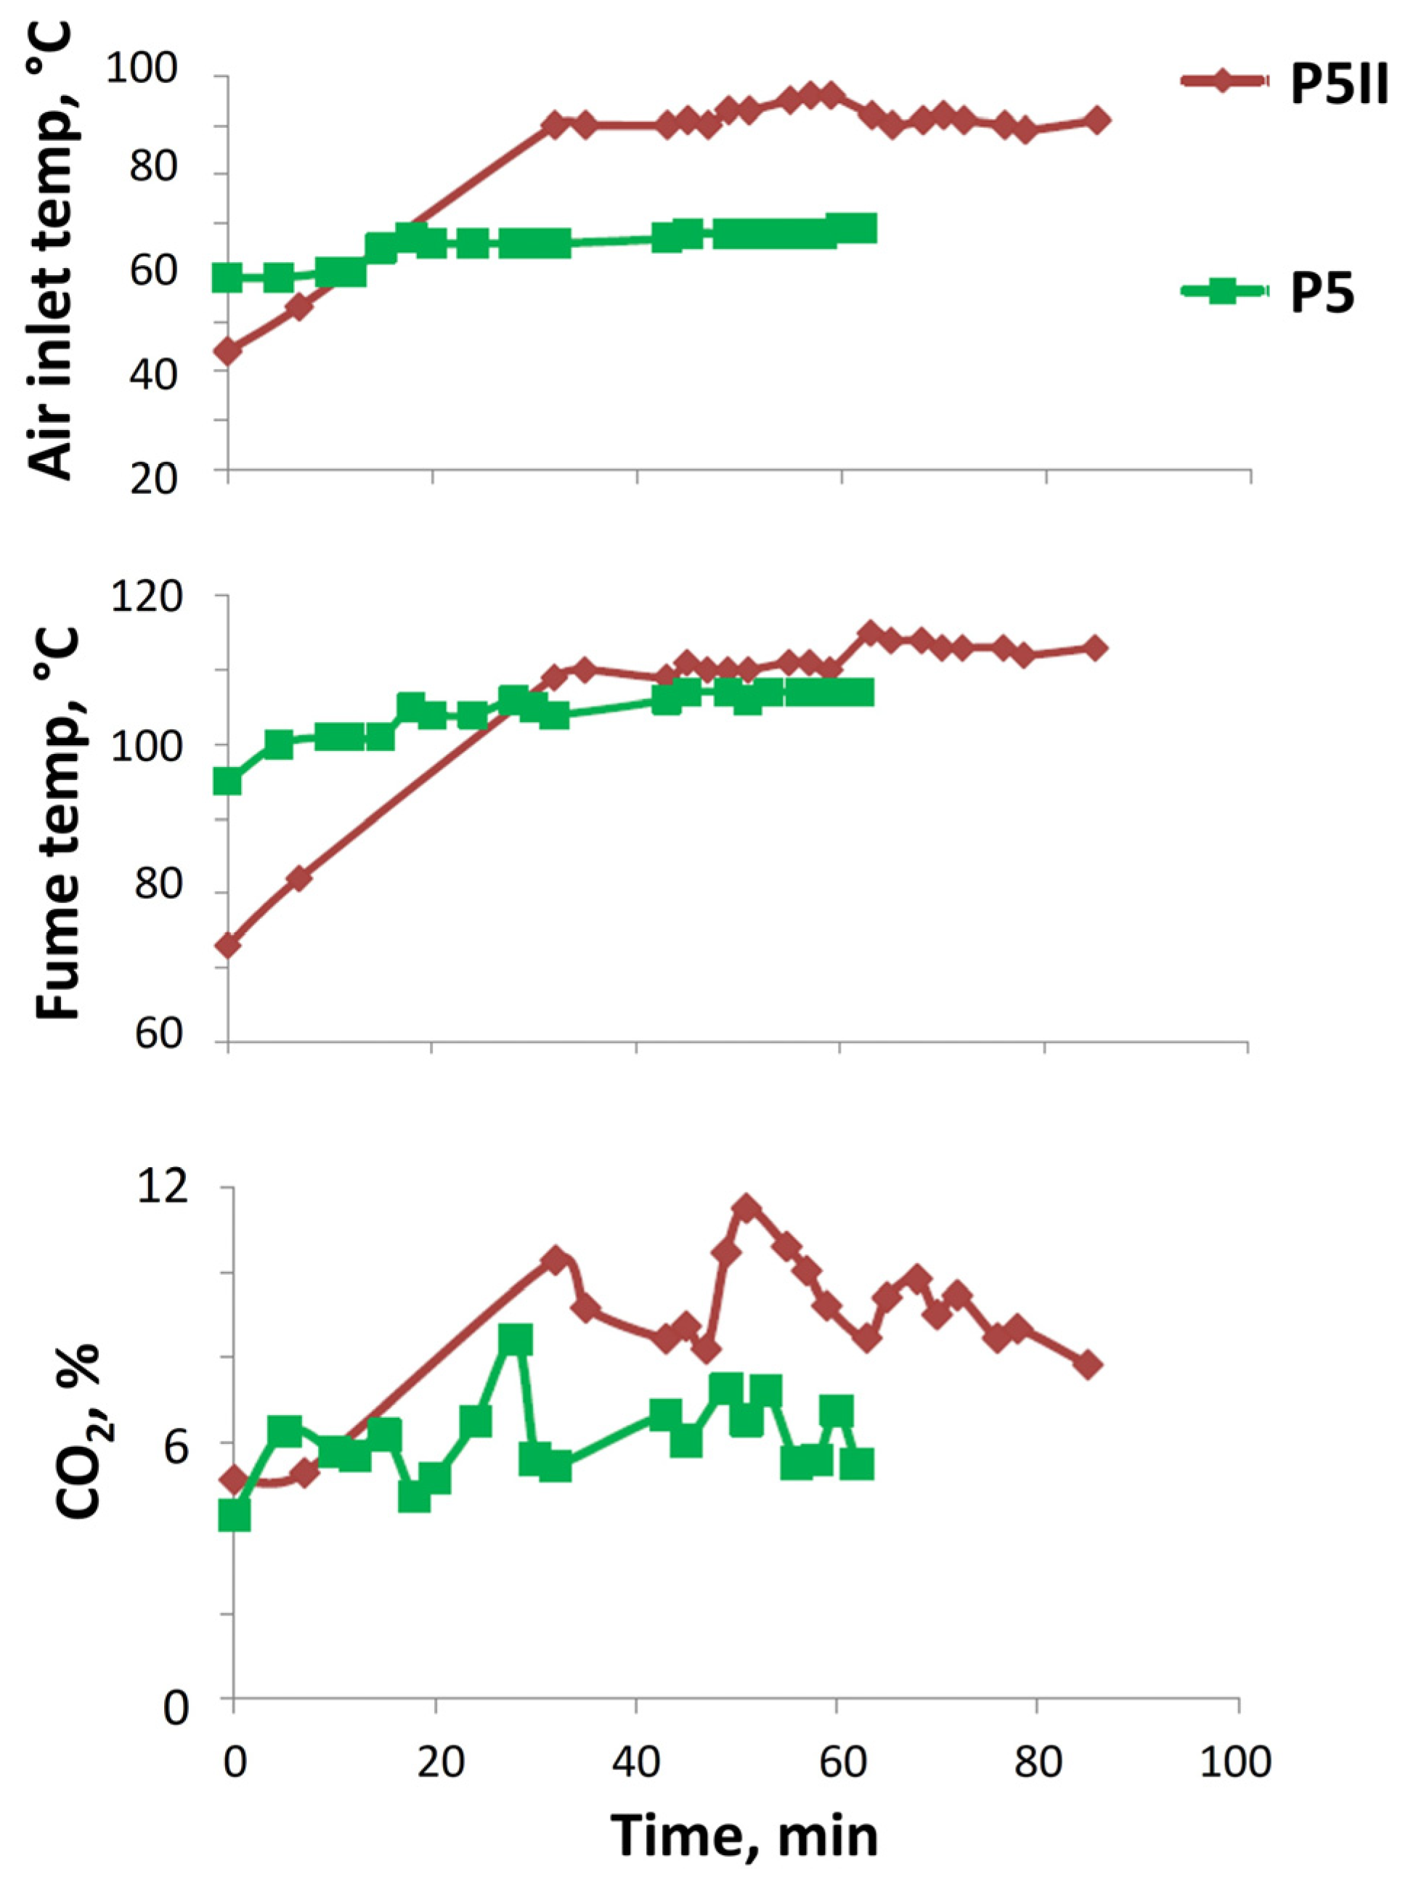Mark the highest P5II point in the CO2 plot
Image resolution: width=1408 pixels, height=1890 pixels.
point(746,1208)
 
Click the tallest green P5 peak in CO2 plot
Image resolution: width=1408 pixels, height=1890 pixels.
point(516,1341)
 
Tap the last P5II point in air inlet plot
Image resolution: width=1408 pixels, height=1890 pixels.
point(1098,120)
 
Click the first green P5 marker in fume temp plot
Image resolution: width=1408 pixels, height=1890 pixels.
point(227,781)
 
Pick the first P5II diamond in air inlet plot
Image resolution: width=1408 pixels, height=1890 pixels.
point(227,350)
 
